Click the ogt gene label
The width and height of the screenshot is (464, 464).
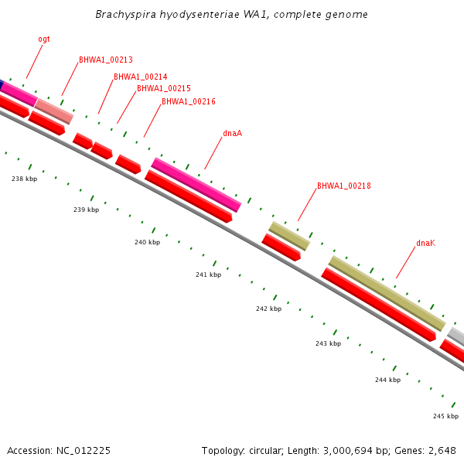click(x=44, y=39)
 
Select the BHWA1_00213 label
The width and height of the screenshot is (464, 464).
click(x=106, y=60)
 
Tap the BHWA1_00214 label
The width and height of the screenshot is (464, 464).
click(x=141, y=77)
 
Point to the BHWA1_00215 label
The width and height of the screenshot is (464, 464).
click(x=164, y=88)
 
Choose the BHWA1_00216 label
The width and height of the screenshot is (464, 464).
click(x=189, y=101)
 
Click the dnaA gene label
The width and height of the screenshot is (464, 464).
click(x=233, y=133)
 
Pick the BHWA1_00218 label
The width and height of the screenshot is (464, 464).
click(x=344, y=186)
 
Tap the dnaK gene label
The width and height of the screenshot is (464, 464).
click(x=426, y=243)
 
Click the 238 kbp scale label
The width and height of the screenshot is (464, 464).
click(x=24, y=179)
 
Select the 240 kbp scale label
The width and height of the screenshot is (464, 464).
click(x=147, y=242)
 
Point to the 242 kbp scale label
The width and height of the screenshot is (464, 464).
click(x=268, y=309)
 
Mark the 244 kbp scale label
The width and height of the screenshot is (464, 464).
click(x=387, y=380)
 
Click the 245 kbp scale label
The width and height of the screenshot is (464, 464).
click(x=445, y=416)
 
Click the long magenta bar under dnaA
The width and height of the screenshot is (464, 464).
click(x=196, y=185)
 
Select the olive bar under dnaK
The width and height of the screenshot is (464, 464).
click(x=387, y=293)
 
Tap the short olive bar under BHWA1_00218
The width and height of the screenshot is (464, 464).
click(x=289, y=236)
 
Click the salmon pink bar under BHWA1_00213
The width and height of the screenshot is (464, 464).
click(x=54, y=111)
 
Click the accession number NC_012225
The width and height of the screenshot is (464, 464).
click(x=83, y=450)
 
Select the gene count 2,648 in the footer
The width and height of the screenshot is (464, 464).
click(x=442, y=450)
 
